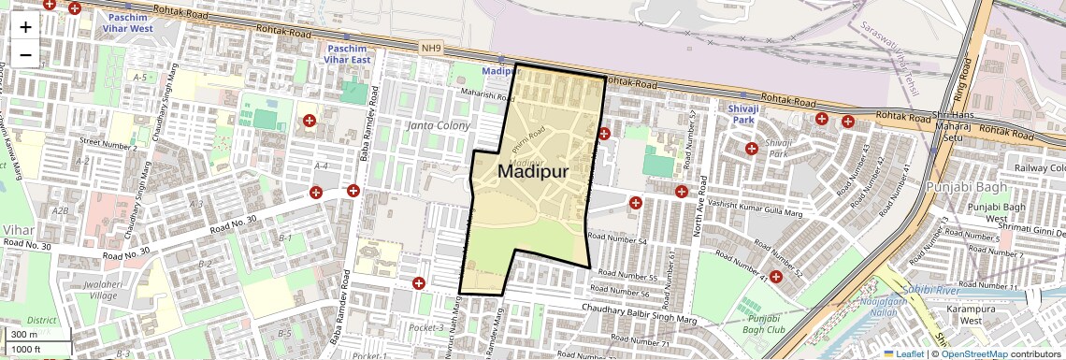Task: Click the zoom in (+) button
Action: pos(25,27)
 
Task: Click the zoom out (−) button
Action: pos(25,54)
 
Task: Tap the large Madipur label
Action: pos(533,171)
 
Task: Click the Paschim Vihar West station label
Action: pos(130,23)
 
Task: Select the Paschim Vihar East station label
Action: pos(348,53)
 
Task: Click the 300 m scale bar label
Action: pos(24,335)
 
